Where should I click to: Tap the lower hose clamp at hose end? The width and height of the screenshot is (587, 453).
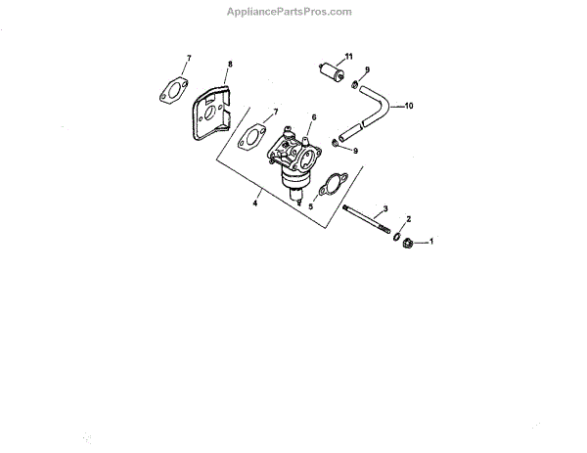(337, 146)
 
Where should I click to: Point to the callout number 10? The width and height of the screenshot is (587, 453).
(409, 105)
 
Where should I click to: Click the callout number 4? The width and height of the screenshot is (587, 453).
(256, 203)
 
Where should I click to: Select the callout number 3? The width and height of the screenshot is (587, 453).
(385, 208)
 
